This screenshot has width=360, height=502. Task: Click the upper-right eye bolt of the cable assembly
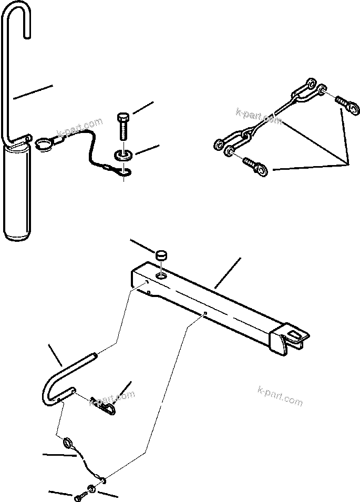(x=348, y=105)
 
